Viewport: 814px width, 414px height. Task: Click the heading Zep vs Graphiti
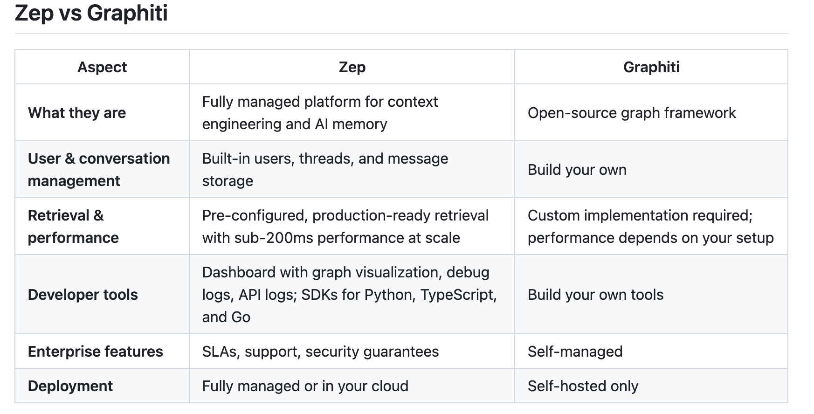[x=91, y=13]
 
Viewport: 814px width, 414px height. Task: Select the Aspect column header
[x=102, y=67]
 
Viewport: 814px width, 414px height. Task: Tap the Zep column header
[x=352, y=67]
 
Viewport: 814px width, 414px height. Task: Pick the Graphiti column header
[x=651, y=67]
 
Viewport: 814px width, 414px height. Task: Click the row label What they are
[x=77, y=113]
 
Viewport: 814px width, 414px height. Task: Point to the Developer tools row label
[x=83, y=295]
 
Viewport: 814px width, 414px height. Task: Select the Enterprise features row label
[x=96, y=352]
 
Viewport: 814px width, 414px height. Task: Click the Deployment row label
[x=70, y=386]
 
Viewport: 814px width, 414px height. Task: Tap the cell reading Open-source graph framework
[x=632, y=113]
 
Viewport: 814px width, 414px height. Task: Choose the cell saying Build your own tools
[x=595, y=295]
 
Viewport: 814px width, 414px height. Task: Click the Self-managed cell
[x=575, y=352]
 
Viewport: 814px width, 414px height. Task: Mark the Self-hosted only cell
[x=583, y=386]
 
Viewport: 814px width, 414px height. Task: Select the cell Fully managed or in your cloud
[x=305, y=386]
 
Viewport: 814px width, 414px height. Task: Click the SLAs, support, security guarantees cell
[x=321, y=352]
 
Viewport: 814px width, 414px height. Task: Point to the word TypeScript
[x=458, y=295]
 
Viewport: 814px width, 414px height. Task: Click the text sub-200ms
[x=270, y=238]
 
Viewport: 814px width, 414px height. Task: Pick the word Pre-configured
[x=255, y=215]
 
